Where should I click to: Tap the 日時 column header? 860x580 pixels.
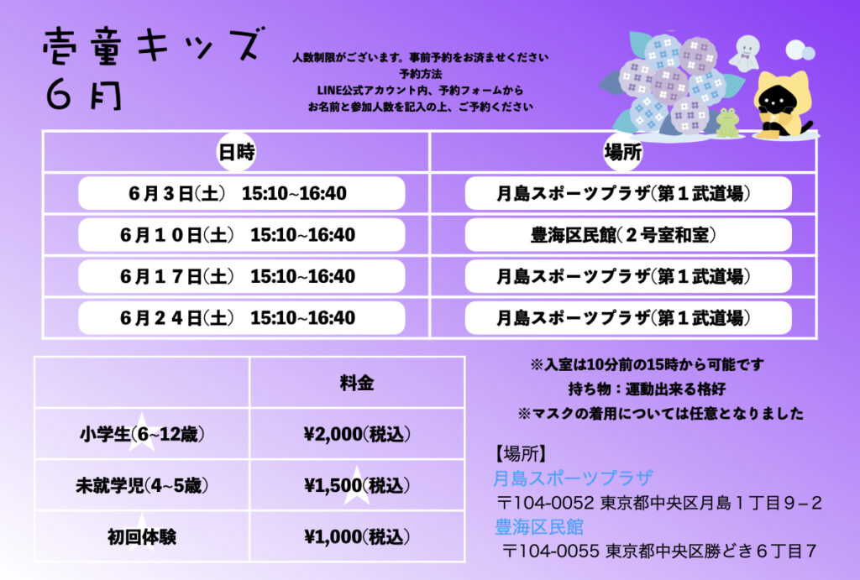pyautogui.click(x=236, y=152)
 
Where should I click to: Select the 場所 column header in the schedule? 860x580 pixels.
pyautogui.click(x=622, y=152)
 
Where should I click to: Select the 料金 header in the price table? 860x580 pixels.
pyautogui.click(x=356, y=383)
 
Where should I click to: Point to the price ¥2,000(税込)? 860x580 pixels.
pyautogui.click(x=356, y=434)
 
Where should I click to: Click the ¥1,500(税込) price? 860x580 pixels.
pyautogui.click(x=356, y=485)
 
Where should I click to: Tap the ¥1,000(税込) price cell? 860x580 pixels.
pyautogui.click(x=356, y=536)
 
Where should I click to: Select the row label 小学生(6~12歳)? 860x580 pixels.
pyautogui.click(x=142, y=434)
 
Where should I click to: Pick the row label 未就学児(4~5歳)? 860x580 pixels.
pyautogui.click(x=142, y=485)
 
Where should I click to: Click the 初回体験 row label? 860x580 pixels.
pyautogui.click(x=142, y=536)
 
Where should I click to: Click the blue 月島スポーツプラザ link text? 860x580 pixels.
pyautogui.click(x=573, y=478)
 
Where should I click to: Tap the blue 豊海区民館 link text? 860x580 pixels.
pyautogui.click(x=539, y=527)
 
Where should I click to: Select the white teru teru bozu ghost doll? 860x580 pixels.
pyautogui.click(x=746, y=53)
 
